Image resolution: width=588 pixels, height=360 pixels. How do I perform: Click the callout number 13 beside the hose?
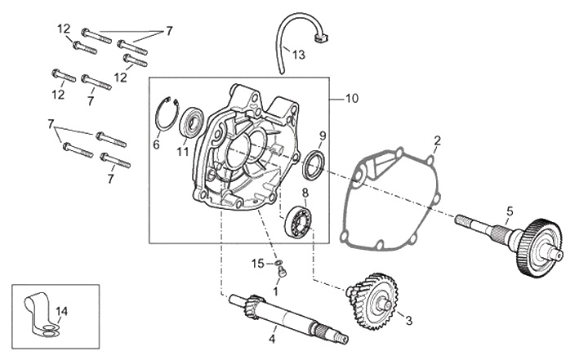[299, 55]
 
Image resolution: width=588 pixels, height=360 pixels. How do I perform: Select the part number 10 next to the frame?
[352, 98]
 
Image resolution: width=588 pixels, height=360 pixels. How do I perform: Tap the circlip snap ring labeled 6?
[158, 118]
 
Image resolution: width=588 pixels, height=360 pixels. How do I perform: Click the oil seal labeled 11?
[192, 121]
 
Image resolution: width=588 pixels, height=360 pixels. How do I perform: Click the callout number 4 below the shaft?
[272, 339]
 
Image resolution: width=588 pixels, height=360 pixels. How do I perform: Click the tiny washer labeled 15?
[278, 263]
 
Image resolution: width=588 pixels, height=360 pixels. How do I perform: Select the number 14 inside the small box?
[62, 311]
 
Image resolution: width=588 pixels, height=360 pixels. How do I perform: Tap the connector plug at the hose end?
[320, 37]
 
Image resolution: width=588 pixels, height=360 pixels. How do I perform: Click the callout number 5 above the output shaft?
[510, 211]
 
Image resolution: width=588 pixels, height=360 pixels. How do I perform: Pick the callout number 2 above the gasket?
[437, 141]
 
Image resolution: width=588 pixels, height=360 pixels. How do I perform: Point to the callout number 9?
[323, 136]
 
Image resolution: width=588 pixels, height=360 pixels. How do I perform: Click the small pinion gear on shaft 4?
[253, 303]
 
